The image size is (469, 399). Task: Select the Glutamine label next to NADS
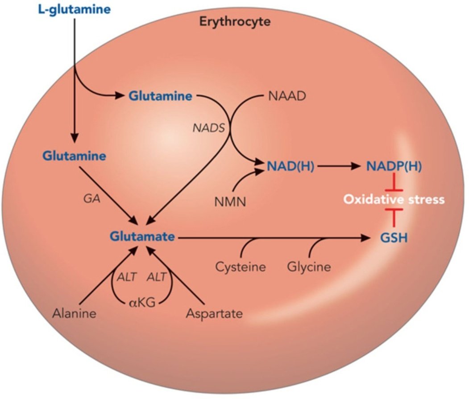pos(161,96)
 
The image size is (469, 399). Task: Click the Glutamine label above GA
pos(75,156)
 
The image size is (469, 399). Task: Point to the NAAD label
pos(287,96)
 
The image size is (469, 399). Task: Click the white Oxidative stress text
pos(394,199)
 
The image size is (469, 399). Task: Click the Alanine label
pos(74,313)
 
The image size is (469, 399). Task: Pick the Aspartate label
pos(215,313)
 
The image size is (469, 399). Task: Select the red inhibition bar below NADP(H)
pos(394,183)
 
